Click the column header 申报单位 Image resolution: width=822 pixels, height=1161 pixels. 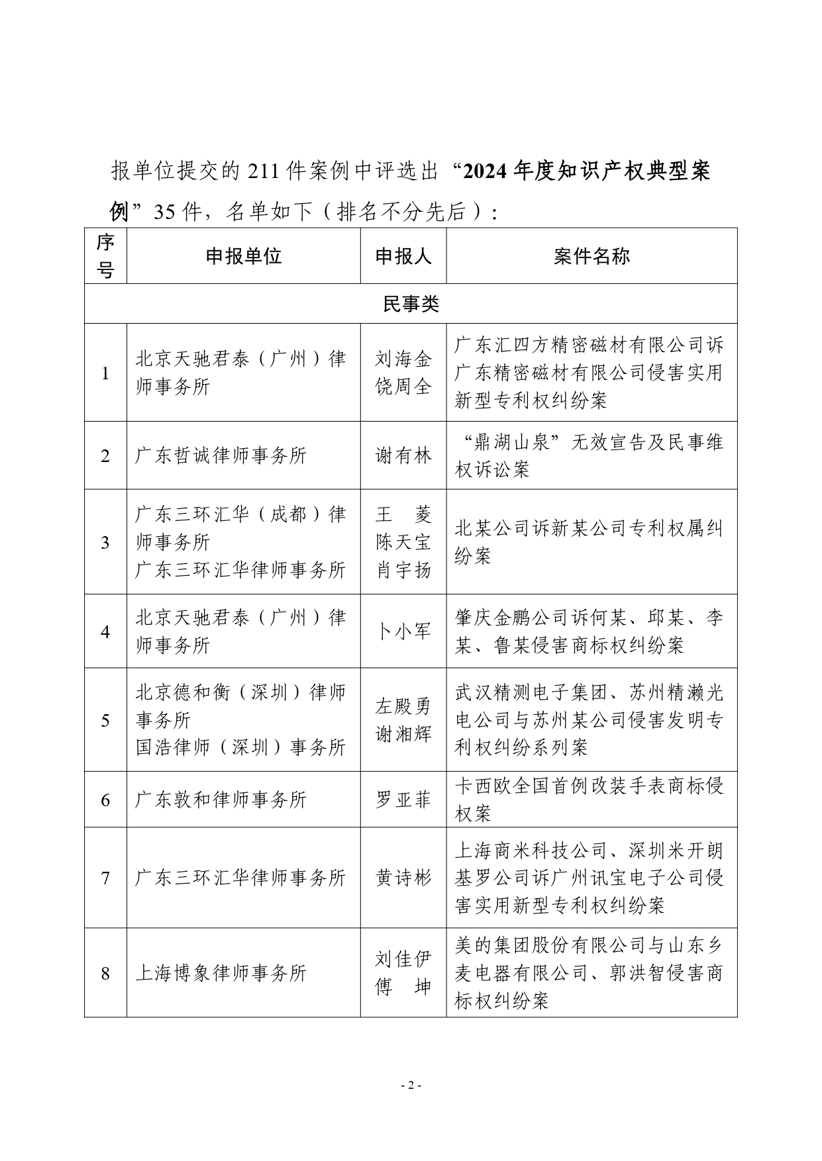[243, 256]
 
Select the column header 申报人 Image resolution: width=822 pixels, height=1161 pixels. [403, 256]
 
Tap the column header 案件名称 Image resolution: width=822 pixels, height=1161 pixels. [591, 256]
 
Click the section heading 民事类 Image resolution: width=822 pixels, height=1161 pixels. [411, 304]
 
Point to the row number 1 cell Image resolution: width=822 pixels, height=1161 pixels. [105, 373]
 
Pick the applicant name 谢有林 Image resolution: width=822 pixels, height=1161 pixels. [403, 455]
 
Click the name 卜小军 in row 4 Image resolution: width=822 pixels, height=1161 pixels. [403, 631]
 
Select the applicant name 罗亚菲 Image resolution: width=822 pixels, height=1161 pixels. [403, 800]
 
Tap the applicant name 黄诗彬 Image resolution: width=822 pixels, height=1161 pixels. [403, 878]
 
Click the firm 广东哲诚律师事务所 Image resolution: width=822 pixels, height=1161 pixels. [221, 455]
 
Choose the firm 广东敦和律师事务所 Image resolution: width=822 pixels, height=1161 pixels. [221, 800]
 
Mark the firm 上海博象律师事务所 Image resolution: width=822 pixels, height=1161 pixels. [221, 973]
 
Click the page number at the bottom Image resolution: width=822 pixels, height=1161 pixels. [411, 1086]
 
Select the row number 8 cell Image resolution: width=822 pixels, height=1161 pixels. [105, 973]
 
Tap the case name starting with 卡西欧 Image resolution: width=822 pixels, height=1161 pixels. [589, 800]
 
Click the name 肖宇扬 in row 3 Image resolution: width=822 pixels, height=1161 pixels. [403, 570]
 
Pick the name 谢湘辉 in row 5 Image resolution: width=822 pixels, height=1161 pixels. [403, 733]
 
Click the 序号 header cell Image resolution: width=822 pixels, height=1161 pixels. [105, 256]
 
